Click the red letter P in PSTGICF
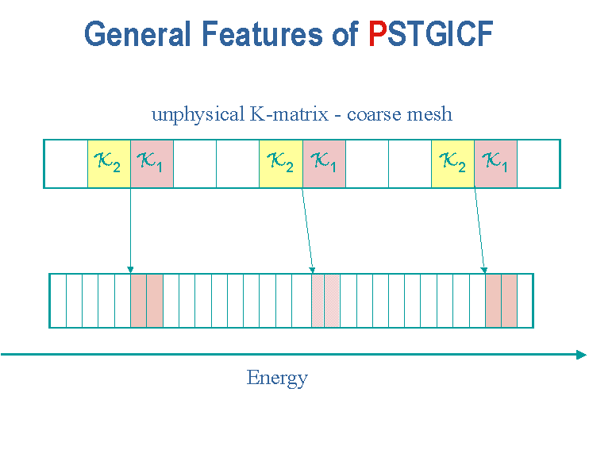point(378,33)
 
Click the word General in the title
point(137,33)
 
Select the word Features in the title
point(262,33)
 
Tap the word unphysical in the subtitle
point(198,114)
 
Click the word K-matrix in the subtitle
point(289,113)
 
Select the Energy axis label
point(277,378)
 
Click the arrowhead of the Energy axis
point(581,355)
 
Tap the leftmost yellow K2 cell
point(109,163)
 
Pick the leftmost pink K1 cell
point(152,163)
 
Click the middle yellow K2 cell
point(281,163)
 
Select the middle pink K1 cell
point(324,163)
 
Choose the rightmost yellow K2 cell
point(453,163)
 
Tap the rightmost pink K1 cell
point(496,163)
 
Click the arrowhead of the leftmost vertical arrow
point(130,270)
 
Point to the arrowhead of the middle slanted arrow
point(312,270)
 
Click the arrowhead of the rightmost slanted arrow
point(484,270)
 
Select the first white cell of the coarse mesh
point(66,163)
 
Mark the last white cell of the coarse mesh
point(538,163)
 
